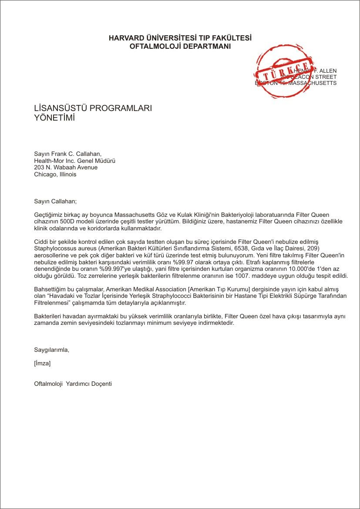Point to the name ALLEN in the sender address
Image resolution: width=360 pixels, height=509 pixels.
tap(328, 71)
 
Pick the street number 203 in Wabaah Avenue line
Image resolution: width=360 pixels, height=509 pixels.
tap(39, 167)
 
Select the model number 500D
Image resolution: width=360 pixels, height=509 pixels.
tap(65, 222)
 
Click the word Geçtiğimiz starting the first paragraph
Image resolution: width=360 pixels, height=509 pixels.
tap(49, 215)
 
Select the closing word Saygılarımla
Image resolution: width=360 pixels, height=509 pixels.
tap(51, 350)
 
